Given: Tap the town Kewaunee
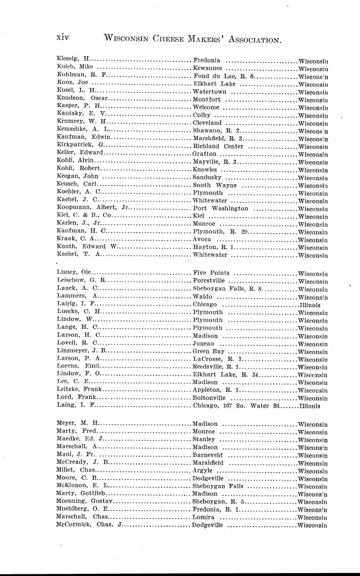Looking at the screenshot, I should [208, 68].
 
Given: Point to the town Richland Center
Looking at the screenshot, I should [218, 146].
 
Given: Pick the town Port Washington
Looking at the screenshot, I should [221, 208].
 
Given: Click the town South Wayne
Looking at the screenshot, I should [215, 185].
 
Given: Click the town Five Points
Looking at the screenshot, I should [211, 273].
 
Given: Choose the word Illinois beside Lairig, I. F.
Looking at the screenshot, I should [310, 305].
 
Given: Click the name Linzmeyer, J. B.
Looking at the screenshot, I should [82, 351].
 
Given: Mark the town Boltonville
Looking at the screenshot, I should [209, 398].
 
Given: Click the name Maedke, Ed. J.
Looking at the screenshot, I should [79, 439].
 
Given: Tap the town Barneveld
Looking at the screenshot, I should [207, 455].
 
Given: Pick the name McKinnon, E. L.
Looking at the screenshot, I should [83, 486].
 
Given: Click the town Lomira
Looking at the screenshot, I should [204, 517].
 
